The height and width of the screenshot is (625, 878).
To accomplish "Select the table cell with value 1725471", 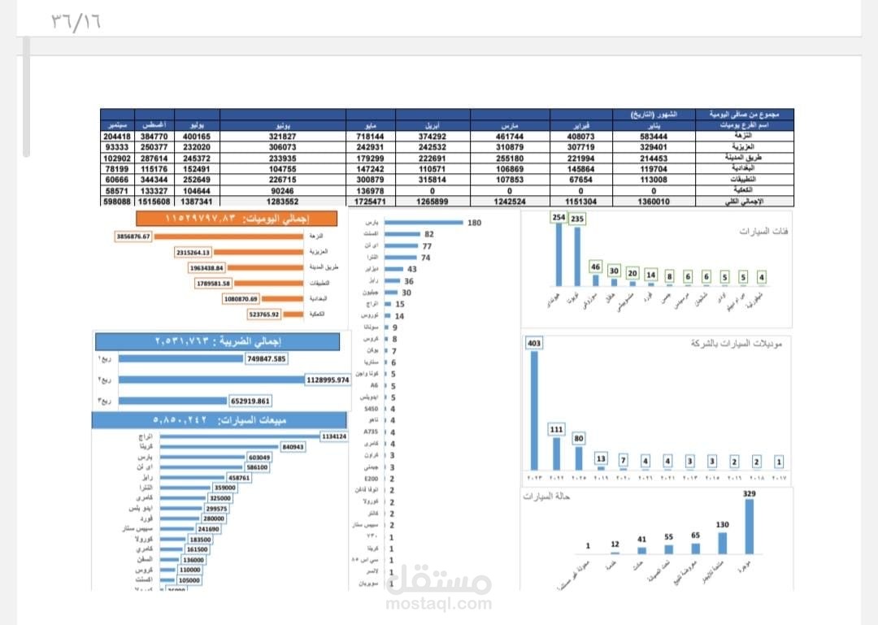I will (x=368, y=200).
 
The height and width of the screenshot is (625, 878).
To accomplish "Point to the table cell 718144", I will (x=368, y=137).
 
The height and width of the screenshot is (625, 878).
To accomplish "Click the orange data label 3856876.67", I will (x=133, y=236).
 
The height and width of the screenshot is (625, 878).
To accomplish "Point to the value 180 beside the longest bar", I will (x=475, y=223).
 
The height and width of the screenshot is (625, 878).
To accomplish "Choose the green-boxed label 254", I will (x=558, y=218).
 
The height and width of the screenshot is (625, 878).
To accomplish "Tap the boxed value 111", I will (x=556, y=429).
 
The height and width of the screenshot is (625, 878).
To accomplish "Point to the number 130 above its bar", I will (x=722, y=524).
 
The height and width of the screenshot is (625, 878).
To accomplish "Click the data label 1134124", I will (x=333, y=436).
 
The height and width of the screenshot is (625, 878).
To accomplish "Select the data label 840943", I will (x=293, y=447).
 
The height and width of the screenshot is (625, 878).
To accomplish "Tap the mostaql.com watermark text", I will (x=439, y=604).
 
